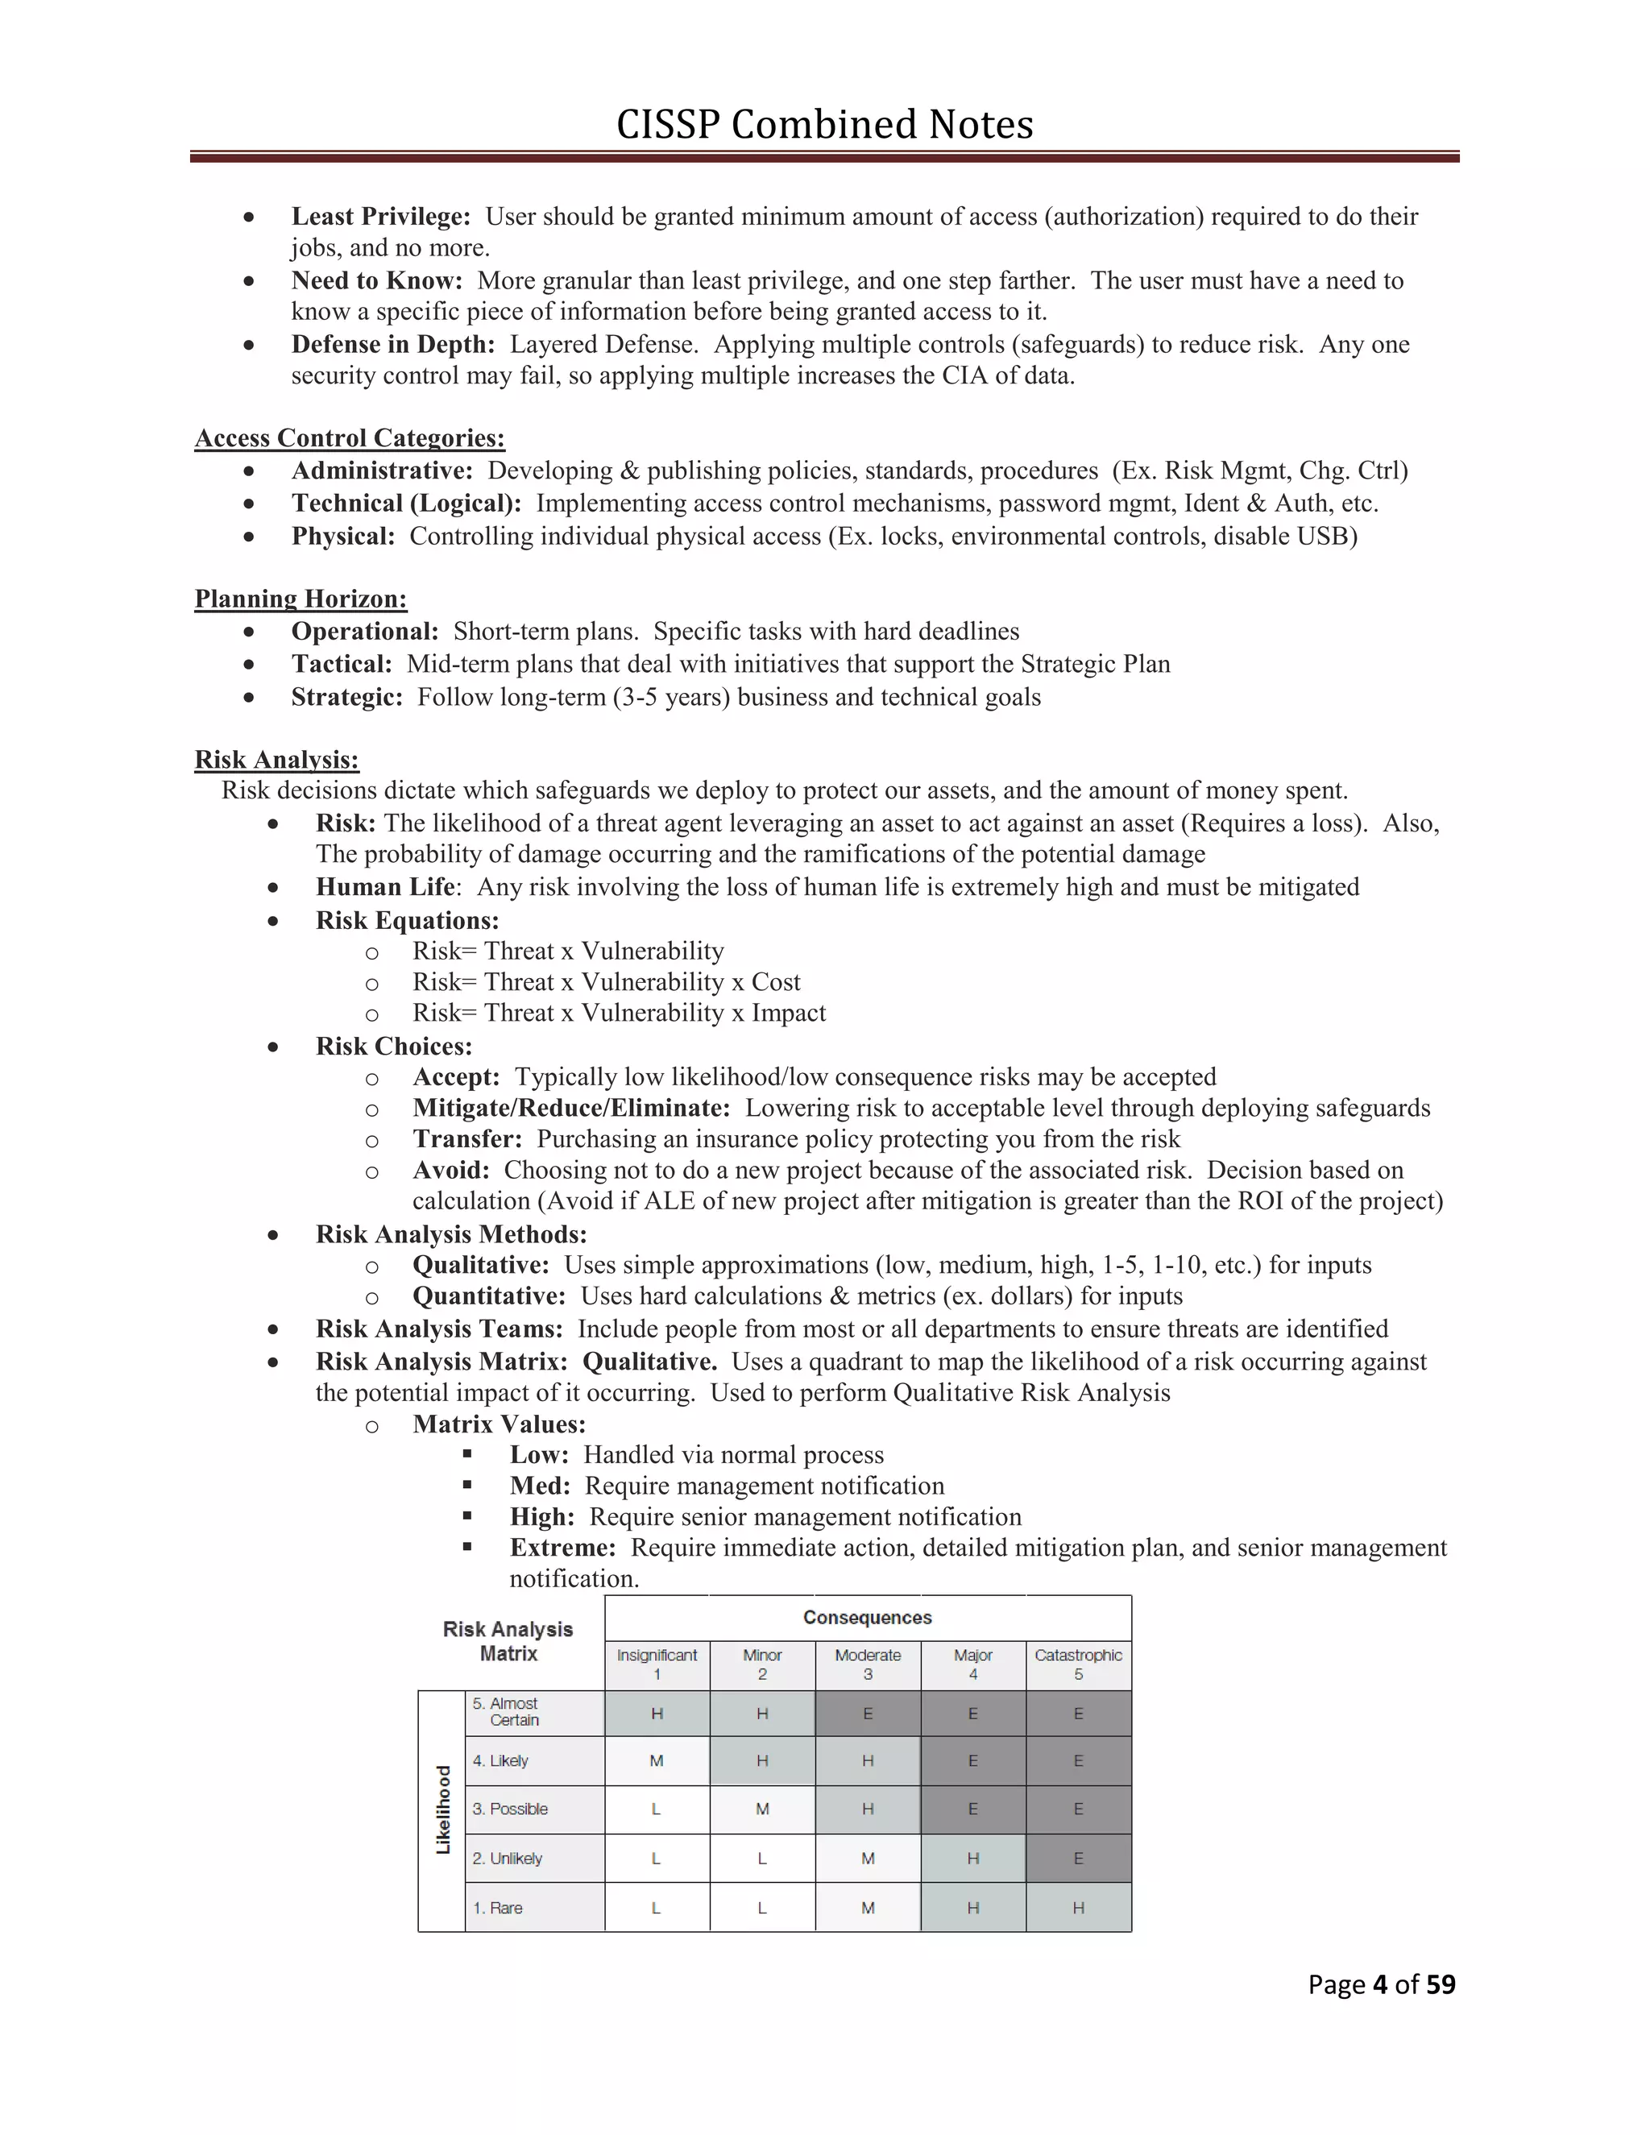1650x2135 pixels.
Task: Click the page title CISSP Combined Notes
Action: (x=824, y=125)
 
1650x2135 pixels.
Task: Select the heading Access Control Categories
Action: (x=349, y=438)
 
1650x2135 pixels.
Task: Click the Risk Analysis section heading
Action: (x=276, y=760)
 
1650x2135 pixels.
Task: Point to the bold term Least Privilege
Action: (x=380, y=216)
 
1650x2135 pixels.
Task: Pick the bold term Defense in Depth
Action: (x=393, y=344)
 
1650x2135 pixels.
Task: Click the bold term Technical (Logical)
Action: (x=406, y=504)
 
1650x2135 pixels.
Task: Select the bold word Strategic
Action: (x=346, y=697)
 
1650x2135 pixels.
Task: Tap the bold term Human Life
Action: (x=385, y=887)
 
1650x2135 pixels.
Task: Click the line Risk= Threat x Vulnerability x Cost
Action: (x=606, y=981)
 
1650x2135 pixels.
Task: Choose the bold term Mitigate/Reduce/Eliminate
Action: (x=571, y=1108)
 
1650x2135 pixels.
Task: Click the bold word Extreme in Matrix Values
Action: (x=562, y=1548)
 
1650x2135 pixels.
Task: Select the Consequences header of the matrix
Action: (x=867, y=1618)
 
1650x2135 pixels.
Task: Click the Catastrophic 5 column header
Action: (x=1078, y=1664)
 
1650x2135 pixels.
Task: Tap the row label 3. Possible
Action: (x=509, y=1809)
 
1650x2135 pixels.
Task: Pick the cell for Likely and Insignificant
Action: (x=657, y=1760)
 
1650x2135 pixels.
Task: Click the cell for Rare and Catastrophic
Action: (x=1078, y=1907)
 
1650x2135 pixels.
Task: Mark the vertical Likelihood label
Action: (x=443, y=1810)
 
